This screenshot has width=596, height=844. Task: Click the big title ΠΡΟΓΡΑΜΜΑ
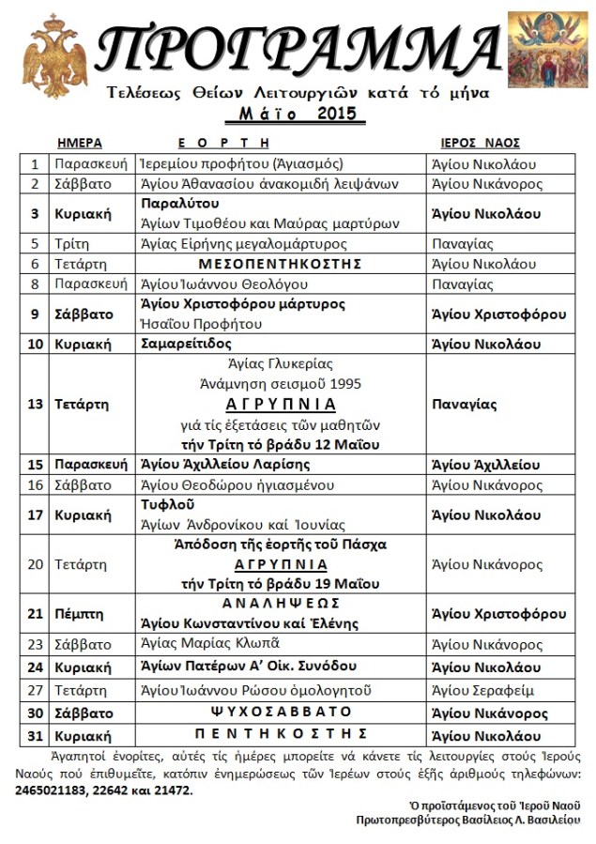click(298, 47)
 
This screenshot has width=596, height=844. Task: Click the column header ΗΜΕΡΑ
click(80, 143)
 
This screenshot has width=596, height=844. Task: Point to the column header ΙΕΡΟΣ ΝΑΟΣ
click(481, 143)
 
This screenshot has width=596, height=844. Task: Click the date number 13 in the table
click(36, 405)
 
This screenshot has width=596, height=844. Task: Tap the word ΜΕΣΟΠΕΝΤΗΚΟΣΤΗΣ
click(282, 264)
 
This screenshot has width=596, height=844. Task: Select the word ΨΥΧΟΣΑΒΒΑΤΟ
click(282, 713)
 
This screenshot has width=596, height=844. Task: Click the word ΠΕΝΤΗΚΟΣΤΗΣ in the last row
click(282, 733)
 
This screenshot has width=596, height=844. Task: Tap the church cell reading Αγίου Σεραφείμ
click(478, 691)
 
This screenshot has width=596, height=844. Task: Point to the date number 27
click(36, 691)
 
